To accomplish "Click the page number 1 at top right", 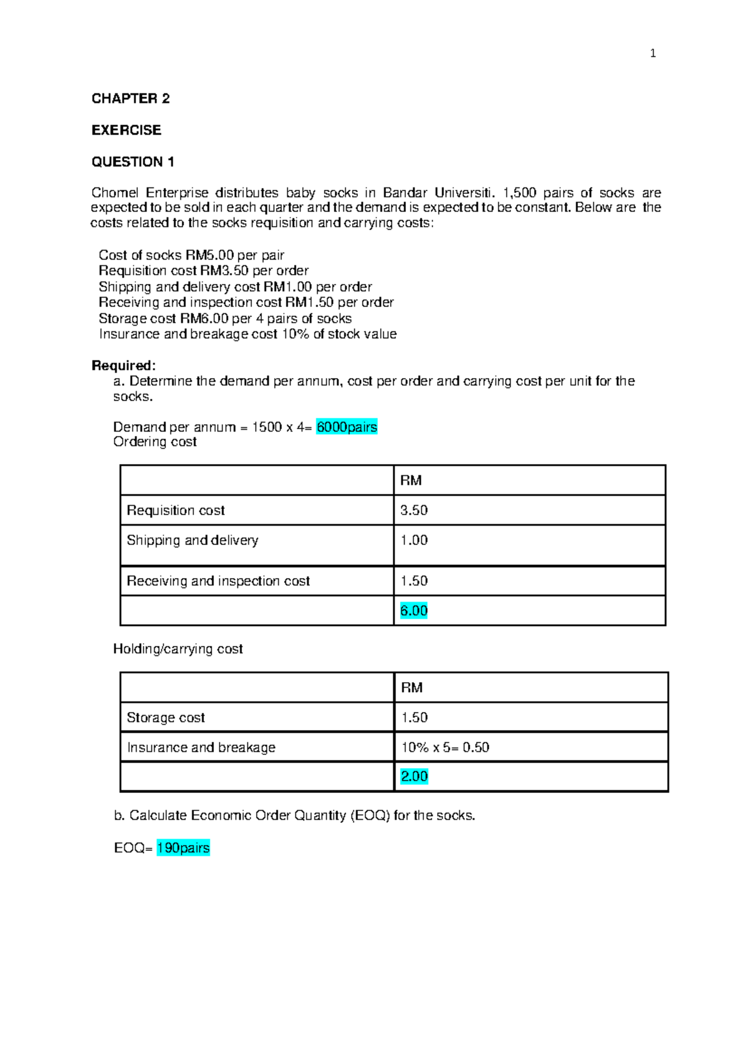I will tap(653, 54).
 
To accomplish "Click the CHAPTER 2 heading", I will tap(130, 98).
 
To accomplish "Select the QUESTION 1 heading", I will tap(133, 162).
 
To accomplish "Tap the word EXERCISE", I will tap(126, 130).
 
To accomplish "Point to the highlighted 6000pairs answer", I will tap(347, 427).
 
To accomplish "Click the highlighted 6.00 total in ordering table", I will tap(414, 610).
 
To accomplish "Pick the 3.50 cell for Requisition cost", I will tap(414, 510).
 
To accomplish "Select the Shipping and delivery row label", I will tap(192, 540).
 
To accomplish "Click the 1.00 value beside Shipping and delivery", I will tap(414, 540).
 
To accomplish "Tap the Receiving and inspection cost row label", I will tap(218, 581).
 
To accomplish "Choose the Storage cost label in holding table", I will tap(166, 718).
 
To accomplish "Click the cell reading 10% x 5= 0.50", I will tap(445, 747).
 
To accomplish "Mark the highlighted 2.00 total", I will tap(415, 776).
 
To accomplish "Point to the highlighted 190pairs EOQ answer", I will tap(183, 848).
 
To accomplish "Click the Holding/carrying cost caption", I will tap(178, 649).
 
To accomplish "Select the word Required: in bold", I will tap(123, 366).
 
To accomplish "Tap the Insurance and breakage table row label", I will tap(201, 747).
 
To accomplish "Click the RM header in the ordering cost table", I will tap(411, 480).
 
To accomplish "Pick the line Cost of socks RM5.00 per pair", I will tap(191, 255).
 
